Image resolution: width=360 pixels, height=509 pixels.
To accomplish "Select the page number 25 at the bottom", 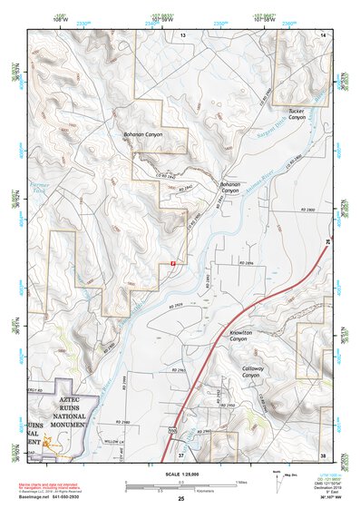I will [180, 498].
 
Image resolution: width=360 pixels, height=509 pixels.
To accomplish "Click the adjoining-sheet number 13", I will [181, 34].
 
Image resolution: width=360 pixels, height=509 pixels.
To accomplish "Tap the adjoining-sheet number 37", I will [181, 454].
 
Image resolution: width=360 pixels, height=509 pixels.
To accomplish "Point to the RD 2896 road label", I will [247, 262].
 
